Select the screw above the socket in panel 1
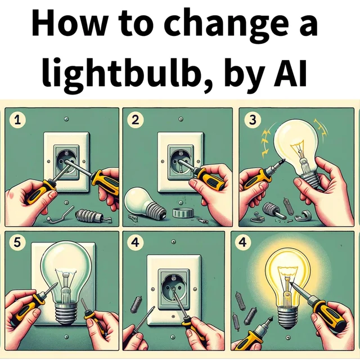point(67,119)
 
